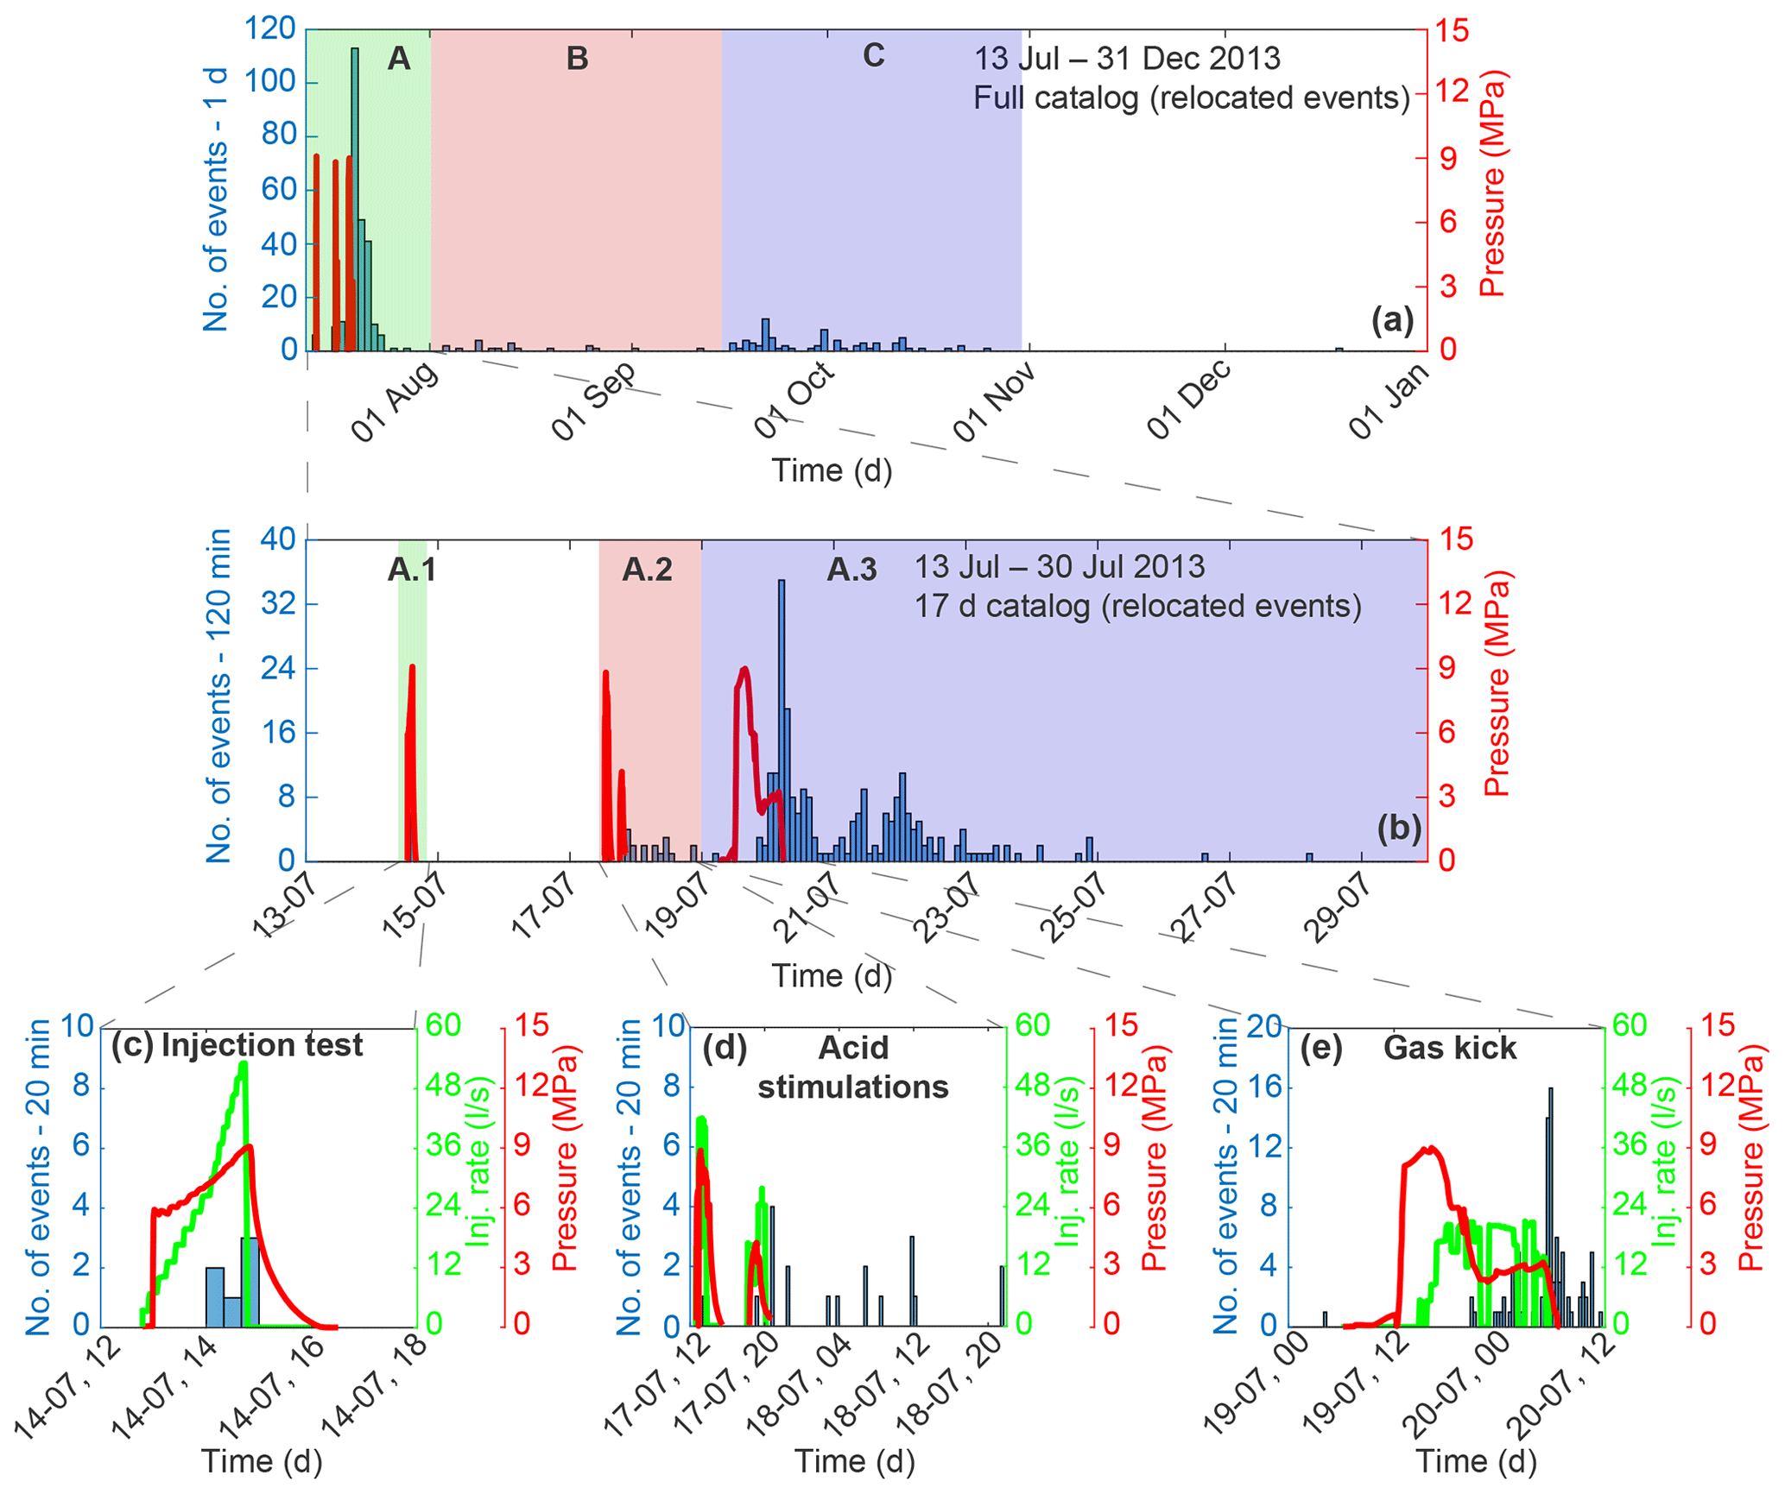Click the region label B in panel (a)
pyautogui.click(x=577, y=59)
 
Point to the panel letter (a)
pyautogui.click(x=1392, y=320)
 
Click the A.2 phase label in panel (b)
pyautogui.click(x=647, y=570)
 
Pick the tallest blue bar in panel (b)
pyautogui.click(x=782, y=720)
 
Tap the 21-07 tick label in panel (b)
pyautogui.click(x=807, y=906)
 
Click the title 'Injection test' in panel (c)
pyautogui.click(x=263, y=1045)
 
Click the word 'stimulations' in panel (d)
pyautogui.click(x=852, y=1087)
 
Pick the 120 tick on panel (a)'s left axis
pyautogui.click(x=271, y=29)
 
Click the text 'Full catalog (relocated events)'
pyautogui.click(x=1191, y=98)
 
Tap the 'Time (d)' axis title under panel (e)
pyautogui.click(x=1475, y=1461)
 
